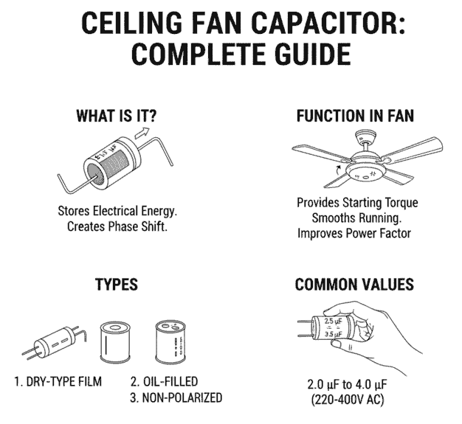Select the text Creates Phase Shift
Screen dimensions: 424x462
click(118, 226)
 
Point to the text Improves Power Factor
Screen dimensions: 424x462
click(354, 234)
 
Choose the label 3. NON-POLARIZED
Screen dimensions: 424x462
click(176, 398)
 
